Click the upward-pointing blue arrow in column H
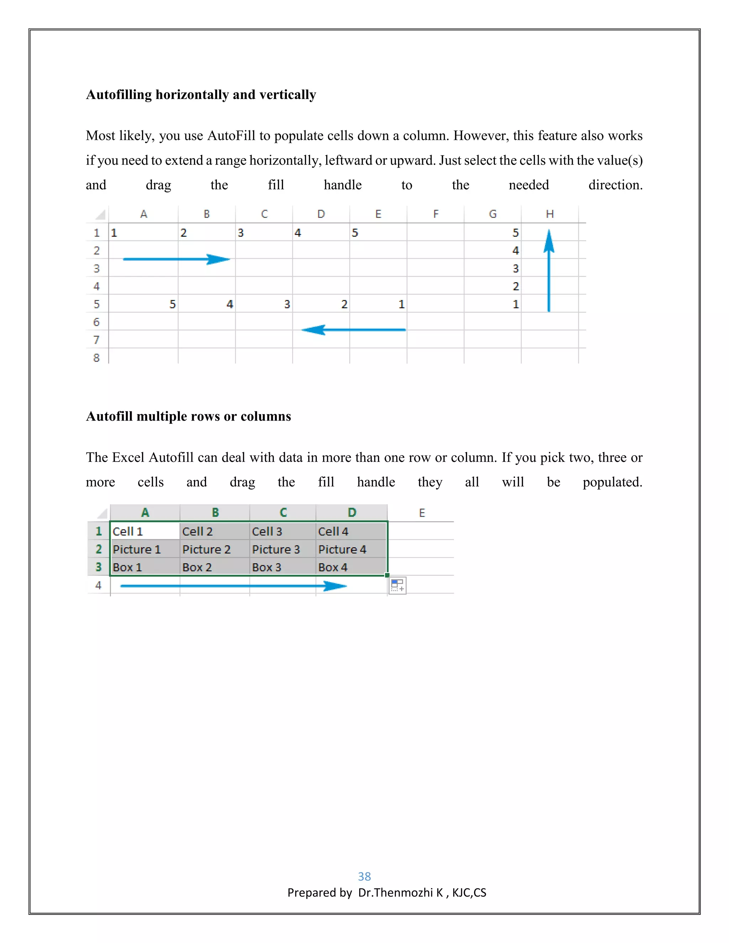click(x=549, y=270)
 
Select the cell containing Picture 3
click(x=276, y=549)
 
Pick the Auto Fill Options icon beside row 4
click(x=397, y=585)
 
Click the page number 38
click(x=364, y=876)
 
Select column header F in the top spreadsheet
click(x=435, y=214)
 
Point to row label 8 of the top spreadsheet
click(x=96, y=358)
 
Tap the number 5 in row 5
click(x=172, y=304)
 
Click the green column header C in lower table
click(x=283, y=512)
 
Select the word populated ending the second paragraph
click(x=612, y=482)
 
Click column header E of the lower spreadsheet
click(x=421, y=513)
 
